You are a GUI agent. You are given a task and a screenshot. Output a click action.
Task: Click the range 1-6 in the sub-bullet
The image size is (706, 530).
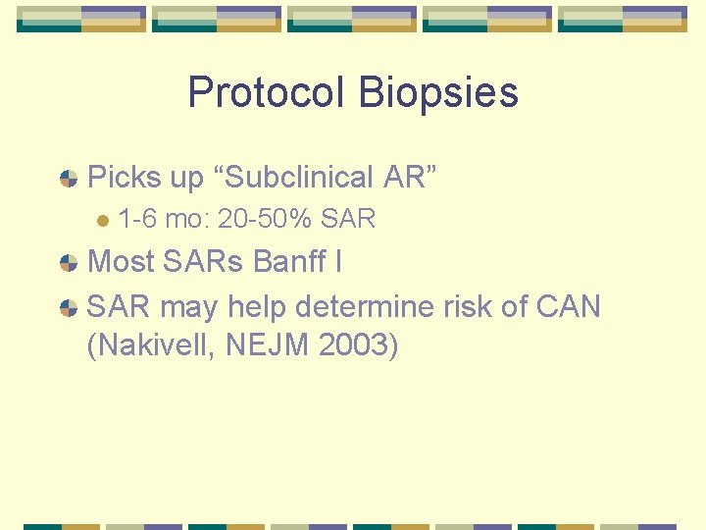pyautogui.click(x=137, y=219)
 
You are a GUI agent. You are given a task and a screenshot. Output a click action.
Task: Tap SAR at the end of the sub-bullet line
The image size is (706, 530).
pyautogui.click(x=347, y=219)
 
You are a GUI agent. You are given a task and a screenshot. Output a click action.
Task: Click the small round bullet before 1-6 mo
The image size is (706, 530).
pyautogui.click(x=101, y=220)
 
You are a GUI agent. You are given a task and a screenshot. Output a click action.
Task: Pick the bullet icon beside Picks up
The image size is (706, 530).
pyautogui.click(x=69, y=178)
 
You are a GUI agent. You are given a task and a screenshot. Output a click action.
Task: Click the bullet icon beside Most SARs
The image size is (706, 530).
pyautogui.click(x=69, y=262)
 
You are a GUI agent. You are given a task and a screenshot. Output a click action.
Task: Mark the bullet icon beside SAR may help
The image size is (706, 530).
pyautogui.click(x=69, y=307)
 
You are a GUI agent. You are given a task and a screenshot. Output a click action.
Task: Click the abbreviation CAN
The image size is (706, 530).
pyautogui.click(x=569, y=307)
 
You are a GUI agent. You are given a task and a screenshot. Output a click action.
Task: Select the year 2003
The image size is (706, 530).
pyautogui.click(x=359, y=345)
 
